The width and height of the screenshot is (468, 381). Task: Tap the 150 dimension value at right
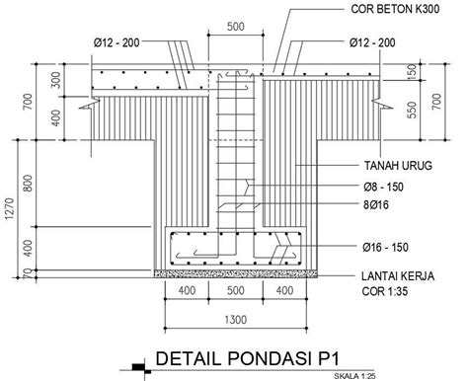pos(412,72)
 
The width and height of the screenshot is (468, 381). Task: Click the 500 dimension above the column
pos(234,28)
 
